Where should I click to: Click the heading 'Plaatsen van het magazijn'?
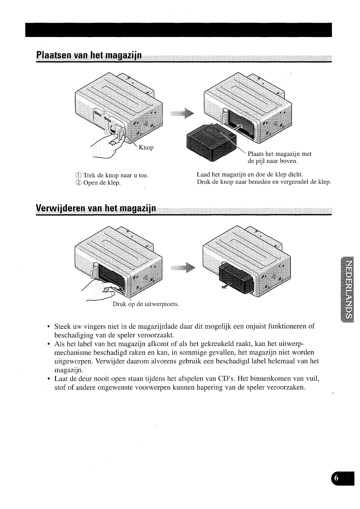(x=89, y=56)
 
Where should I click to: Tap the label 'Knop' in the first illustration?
(x=146, y=148)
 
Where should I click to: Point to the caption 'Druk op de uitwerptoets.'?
(x=146, y=304)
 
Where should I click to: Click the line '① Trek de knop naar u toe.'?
(x=112, y=175)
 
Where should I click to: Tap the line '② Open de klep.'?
(x=98, y=183)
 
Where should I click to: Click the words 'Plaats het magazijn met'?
(x=280, y=154)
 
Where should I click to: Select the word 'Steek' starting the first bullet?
(x=63, y=326)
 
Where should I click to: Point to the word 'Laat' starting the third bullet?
(x=62, y=378)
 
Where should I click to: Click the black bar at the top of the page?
(x=178, y=30)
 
